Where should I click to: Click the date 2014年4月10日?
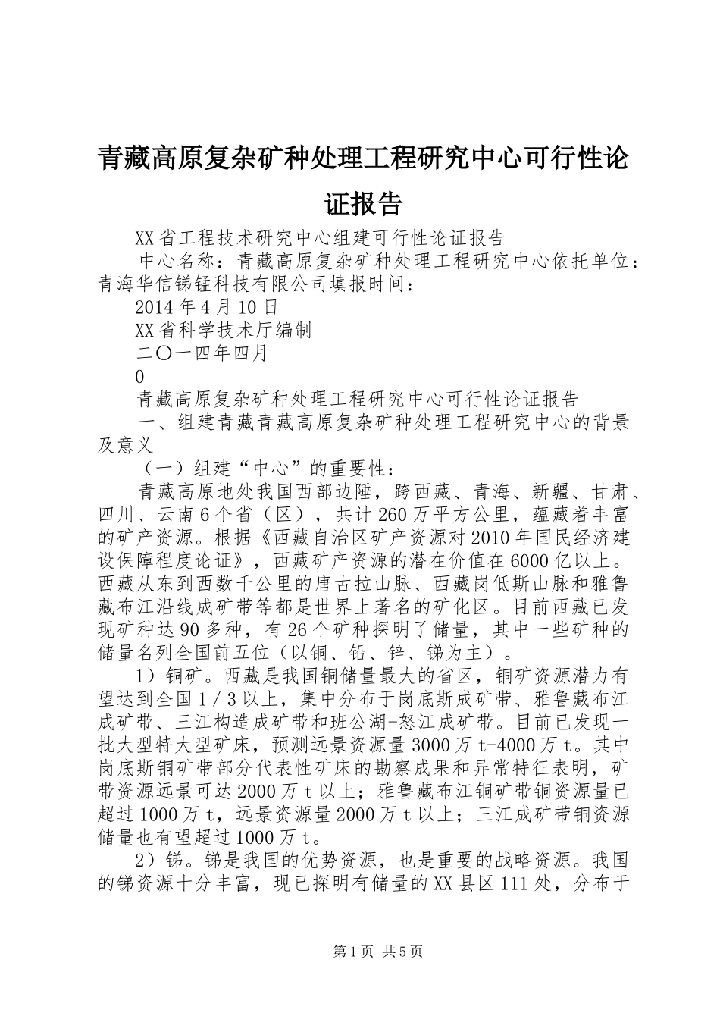click(206, 307)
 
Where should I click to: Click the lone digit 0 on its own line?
click(139, 376)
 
